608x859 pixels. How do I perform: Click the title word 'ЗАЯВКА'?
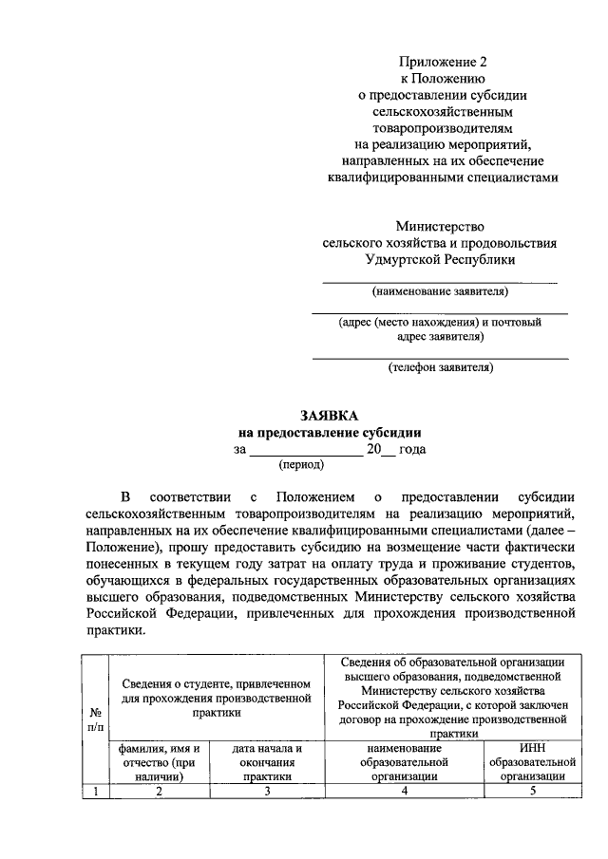(x=330, y=416)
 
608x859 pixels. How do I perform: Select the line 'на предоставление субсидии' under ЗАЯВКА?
(x=330, y=433)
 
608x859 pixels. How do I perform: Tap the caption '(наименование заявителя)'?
(x=440, y=290)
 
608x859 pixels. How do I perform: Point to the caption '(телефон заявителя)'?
(x=440, y=366)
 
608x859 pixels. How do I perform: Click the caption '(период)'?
(x=301, y=465)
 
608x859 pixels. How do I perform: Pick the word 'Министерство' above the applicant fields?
(x=440, y=226)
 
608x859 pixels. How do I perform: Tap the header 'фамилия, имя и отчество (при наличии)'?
(x=159, y=762)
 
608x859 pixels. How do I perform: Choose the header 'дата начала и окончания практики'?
(x=267, y=762)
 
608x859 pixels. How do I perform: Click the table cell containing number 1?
(x=96, y=792)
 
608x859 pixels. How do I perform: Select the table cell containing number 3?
(x=267, y=792)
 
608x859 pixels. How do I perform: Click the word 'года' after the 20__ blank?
(x=412, y=450)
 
